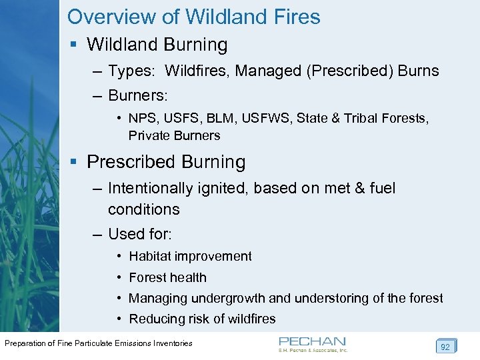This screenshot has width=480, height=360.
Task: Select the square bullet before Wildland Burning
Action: point(75,45)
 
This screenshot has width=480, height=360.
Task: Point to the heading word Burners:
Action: point(139,95)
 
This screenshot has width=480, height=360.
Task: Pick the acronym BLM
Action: point(213,118)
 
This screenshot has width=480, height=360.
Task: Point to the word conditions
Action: point(143,209)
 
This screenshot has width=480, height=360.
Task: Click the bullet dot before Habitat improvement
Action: point(117,257)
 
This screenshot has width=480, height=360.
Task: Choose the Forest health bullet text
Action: point(167,277)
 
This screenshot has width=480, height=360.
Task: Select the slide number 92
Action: point(445,346)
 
